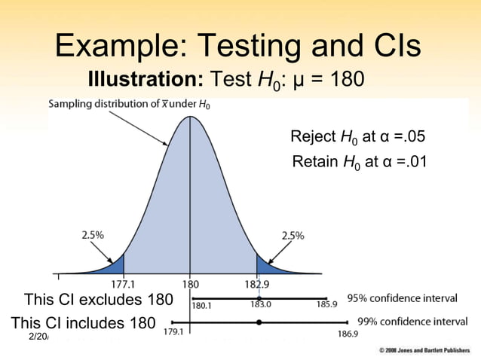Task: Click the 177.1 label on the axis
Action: click(123, 285)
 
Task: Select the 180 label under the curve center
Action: click(190, 285)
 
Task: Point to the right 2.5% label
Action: click(293, 236)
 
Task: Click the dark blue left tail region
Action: click(115, 266)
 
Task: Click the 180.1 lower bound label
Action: click(202, 306)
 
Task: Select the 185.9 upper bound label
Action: click(326, 306)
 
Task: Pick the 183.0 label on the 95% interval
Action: click(261, 305)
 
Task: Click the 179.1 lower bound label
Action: click(174, 332)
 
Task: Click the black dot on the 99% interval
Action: click(259, 322)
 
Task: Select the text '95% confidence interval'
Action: click(402, 298)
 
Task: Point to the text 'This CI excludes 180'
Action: click(98, 300)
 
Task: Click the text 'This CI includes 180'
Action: click(83, 323)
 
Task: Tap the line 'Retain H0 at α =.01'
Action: click(359, 161)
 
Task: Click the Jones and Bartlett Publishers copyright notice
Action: click(425, 352)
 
